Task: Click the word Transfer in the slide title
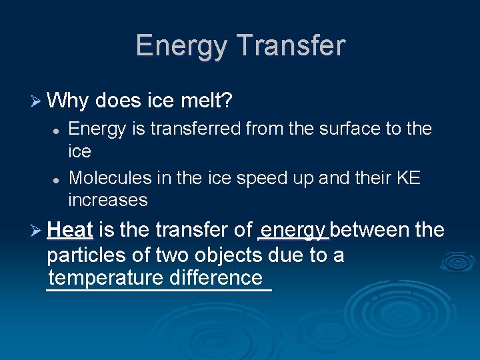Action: (291, 46)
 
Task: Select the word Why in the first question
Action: (69, 101)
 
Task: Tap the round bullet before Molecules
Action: (58, 179)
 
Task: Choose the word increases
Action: (107, 199)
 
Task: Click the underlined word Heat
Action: (70, 230)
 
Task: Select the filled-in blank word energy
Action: (293, 231)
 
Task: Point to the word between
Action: (370, 230)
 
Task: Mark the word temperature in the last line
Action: (107, 277)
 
